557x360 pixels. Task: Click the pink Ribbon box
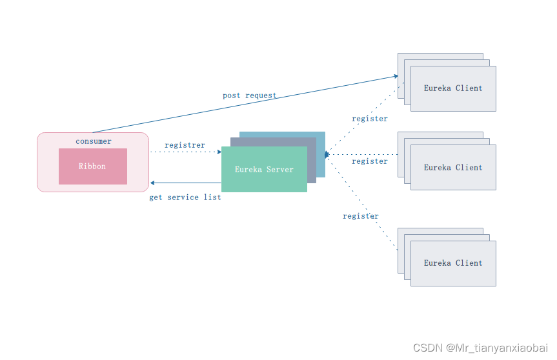[92, 166]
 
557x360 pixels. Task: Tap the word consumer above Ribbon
[94, 141]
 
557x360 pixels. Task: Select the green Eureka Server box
[264, 170]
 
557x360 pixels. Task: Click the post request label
[249, 95]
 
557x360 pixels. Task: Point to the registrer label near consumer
[185, 145]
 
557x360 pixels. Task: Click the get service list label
[185, 197]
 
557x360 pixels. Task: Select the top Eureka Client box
[453, 88]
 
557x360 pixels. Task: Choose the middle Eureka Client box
[453, 167]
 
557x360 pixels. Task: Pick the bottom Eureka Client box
[453, 263]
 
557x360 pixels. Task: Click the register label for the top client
[370, 119]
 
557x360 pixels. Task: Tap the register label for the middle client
[370, 161]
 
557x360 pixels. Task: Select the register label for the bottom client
[361, 216]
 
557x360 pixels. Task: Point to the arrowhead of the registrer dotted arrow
[219, 152]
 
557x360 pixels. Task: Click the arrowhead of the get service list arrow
[152, 183]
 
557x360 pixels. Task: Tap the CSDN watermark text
[480, 348]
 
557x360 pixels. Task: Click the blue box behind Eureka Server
[321, 139]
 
